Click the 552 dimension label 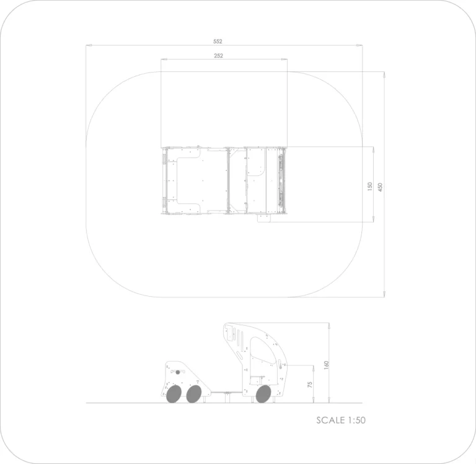pyautogui.click(x=218, y=42)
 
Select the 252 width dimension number pyautogui.click(x=218, y=56)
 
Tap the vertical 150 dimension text pyautogui.click(x=369, y=186)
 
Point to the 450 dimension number pyautogui.click(x=380, y=187)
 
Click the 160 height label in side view pyautogui.click(x=327, y=365)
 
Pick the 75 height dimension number pyautogui.click(x=310, y=385)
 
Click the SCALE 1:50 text pyautogui.click(x=341, y=420)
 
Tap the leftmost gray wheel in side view pyautogui.click(x=174, y=394)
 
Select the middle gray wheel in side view pyautogui.click(x=193, y=394)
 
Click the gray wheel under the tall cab pyautogui.click(x=263, y=394)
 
